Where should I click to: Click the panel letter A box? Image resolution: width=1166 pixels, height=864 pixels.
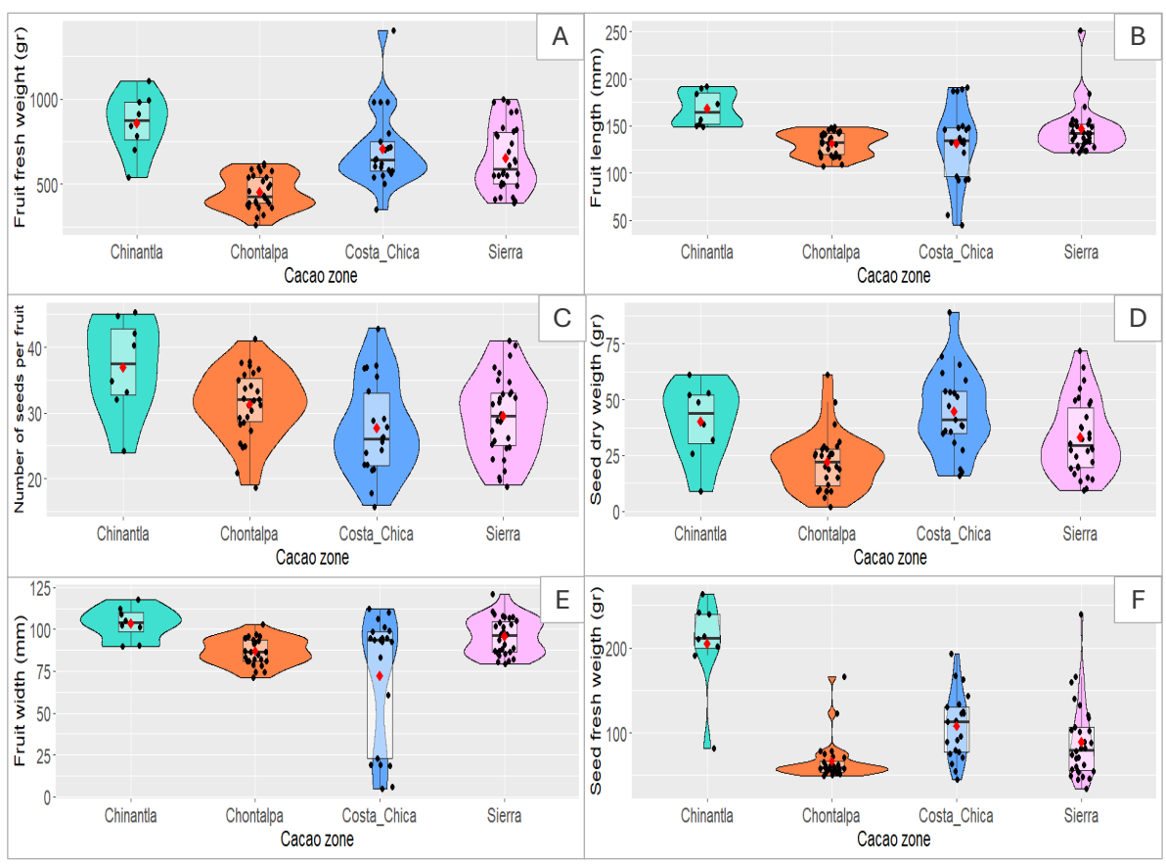point(560,37)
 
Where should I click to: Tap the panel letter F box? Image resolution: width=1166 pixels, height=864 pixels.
point(1137,600)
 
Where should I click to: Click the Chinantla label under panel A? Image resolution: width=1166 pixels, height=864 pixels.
point(136,252)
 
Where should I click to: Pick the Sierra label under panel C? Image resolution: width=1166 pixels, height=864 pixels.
point(504,534)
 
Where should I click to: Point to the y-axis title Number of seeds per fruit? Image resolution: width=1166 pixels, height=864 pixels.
point(22,410)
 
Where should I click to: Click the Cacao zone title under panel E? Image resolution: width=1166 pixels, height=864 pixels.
point(317,839)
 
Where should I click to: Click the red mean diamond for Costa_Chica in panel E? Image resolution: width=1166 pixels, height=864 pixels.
point(380,676)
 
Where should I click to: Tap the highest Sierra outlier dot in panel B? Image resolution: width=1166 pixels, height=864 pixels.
point(1081,31)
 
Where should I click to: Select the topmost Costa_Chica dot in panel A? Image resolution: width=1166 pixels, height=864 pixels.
point(392,31)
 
